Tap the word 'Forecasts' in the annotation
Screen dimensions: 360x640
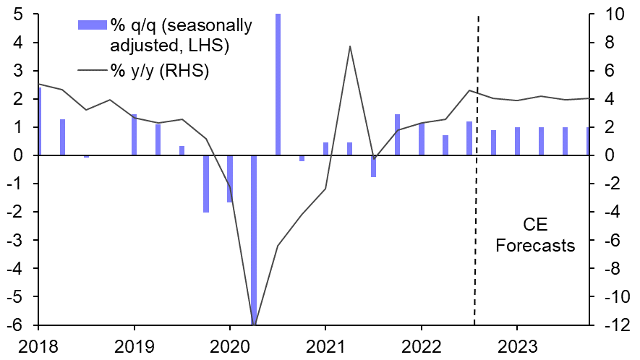pyautogui.click(x=535, y=246)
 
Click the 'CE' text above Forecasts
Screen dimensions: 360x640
pyautogui.click(x=535, y=225)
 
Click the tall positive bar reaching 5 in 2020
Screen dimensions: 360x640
pyautogui.click(x=278, y=84)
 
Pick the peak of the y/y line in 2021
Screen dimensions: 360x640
pyautogui.click(x=350, y=46)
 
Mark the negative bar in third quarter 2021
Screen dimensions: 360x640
pyautogui.click(x=373, y=166)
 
